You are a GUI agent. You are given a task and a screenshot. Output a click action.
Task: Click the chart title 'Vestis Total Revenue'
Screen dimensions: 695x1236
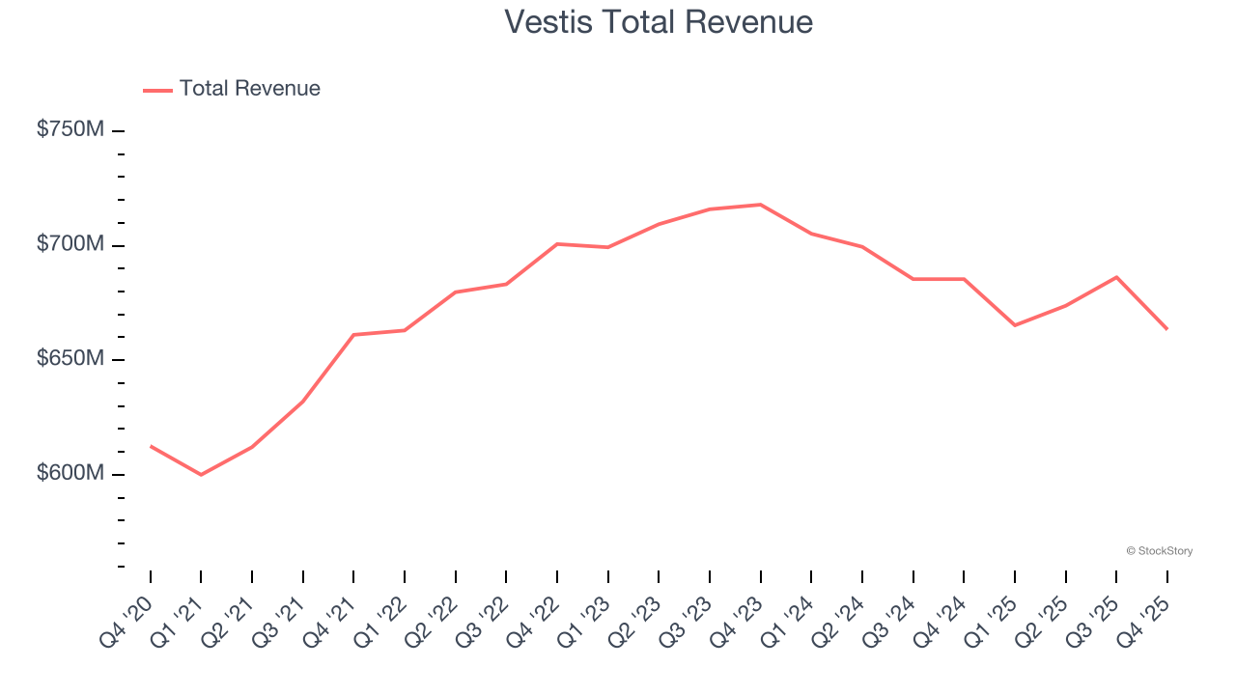click(x=659, y=22)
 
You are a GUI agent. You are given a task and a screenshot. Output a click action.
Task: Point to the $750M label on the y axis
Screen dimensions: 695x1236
click(x=70, y=129)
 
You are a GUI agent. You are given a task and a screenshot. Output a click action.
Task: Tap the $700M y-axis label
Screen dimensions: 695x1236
click(x=70, y=244)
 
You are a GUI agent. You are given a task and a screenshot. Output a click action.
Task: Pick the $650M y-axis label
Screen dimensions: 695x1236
click(x=70, y=359)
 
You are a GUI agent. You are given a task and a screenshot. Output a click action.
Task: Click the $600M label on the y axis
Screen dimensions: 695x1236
click(x=70, y=474)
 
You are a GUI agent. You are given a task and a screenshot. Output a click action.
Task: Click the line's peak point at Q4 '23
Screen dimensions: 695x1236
click(x=761, y=205)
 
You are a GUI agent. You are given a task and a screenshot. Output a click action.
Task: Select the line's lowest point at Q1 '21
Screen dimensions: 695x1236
click(x=201, y=475)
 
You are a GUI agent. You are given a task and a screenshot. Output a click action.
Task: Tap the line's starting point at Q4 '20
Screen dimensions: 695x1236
click(x=151, y=446)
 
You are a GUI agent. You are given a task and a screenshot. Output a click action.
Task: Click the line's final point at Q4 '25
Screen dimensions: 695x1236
click(x=1167, y=329)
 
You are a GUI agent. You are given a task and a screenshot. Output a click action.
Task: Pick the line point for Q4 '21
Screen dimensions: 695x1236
click(x=353, y=335)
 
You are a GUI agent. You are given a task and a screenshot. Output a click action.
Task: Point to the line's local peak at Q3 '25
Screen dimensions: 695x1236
click(x=1116, y=277)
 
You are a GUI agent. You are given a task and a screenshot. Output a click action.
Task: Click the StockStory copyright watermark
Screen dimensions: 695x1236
click(x=1159, y=551)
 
